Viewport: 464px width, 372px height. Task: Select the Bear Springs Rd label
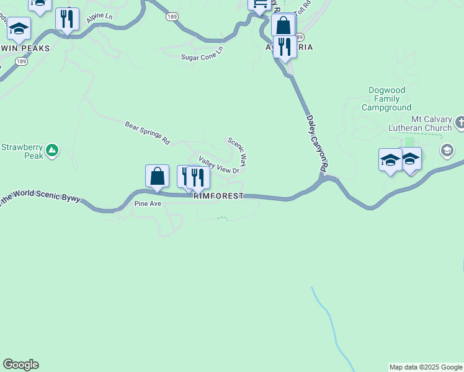(147, 133)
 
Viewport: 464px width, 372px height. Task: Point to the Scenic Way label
(238, 151)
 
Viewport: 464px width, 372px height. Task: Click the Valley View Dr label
(219, 166)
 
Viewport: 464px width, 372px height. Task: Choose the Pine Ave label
(148, 203)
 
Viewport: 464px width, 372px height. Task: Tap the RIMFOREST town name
(219, 196)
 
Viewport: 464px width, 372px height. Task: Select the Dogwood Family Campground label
(386, 99)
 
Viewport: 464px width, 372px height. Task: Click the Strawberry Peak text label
(22, 152)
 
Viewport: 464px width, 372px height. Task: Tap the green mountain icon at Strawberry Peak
(53, 149)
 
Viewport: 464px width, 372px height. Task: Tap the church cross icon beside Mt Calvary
(460, 123)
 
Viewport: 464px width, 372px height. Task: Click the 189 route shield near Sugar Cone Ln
(172, 17)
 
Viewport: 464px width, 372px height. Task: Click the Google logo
(20, 365)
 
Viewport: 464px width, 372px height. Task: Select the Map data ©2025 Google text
(426, 367)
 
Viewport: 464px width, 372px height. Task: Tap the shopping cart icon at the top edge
(259, 4)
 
